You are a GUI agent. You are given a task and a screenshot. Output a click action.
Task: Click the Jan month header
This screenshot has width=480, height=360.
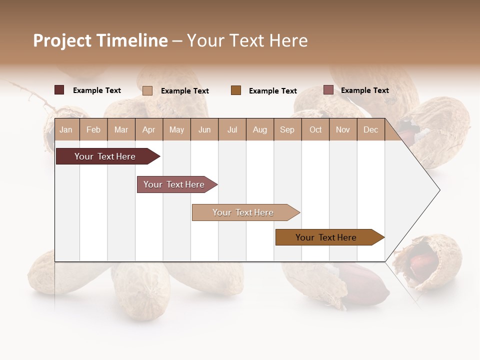(x=66, y=130)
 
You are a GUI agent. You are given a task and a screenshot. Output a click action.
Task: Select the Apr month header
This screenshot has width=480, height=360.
(x=148, y=130)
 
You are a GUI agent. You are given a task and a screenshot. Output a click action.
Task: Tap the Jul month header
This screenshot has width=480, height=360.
(x=232, y=130)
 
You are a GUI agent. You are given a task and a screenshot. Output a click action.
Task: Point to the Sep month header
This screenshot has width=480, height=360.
(x=287, y=130)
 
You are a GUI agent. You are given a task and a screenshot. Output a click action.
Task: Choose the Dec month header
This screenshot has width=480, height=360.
(x=370, y=130)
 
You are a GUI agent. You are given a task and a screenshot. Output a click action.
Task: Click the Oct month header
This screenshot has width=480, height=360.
(x=315, y=130)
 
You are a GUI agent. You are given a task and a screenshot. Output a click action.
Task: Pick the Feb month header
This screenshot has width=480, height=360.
(x=93, y=130)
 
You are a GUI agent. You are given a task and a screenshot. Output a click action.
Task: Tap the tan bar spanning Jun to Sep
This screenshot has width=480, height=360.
(x=243, y=212)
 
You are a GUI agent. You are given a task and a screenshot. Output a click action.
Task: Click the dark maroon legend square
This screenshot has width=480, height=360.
(x=59, y=90)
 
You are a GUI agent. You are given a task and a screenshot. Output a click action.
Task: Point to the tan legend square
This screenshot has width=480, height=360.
(x=147, y=90)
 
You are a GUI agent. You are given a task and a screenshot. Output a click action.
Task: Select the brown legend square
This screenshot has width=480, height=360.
(x=236, y=90)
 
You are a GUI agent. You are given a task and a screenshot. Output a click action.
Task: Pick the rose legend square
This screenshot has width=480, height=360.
(x=328, y=90)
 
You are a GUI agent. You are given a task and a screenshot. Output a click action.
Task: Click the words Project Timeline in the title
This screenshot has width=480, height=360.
(x=100, y=40)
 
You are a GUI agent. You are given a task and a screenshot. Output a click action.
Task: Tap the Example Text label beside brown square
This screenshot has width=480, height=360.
(x=272, y=91)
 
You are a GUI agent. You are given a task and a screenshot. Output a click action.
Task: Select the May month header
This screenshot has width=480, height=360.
(x=176, y=130)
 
